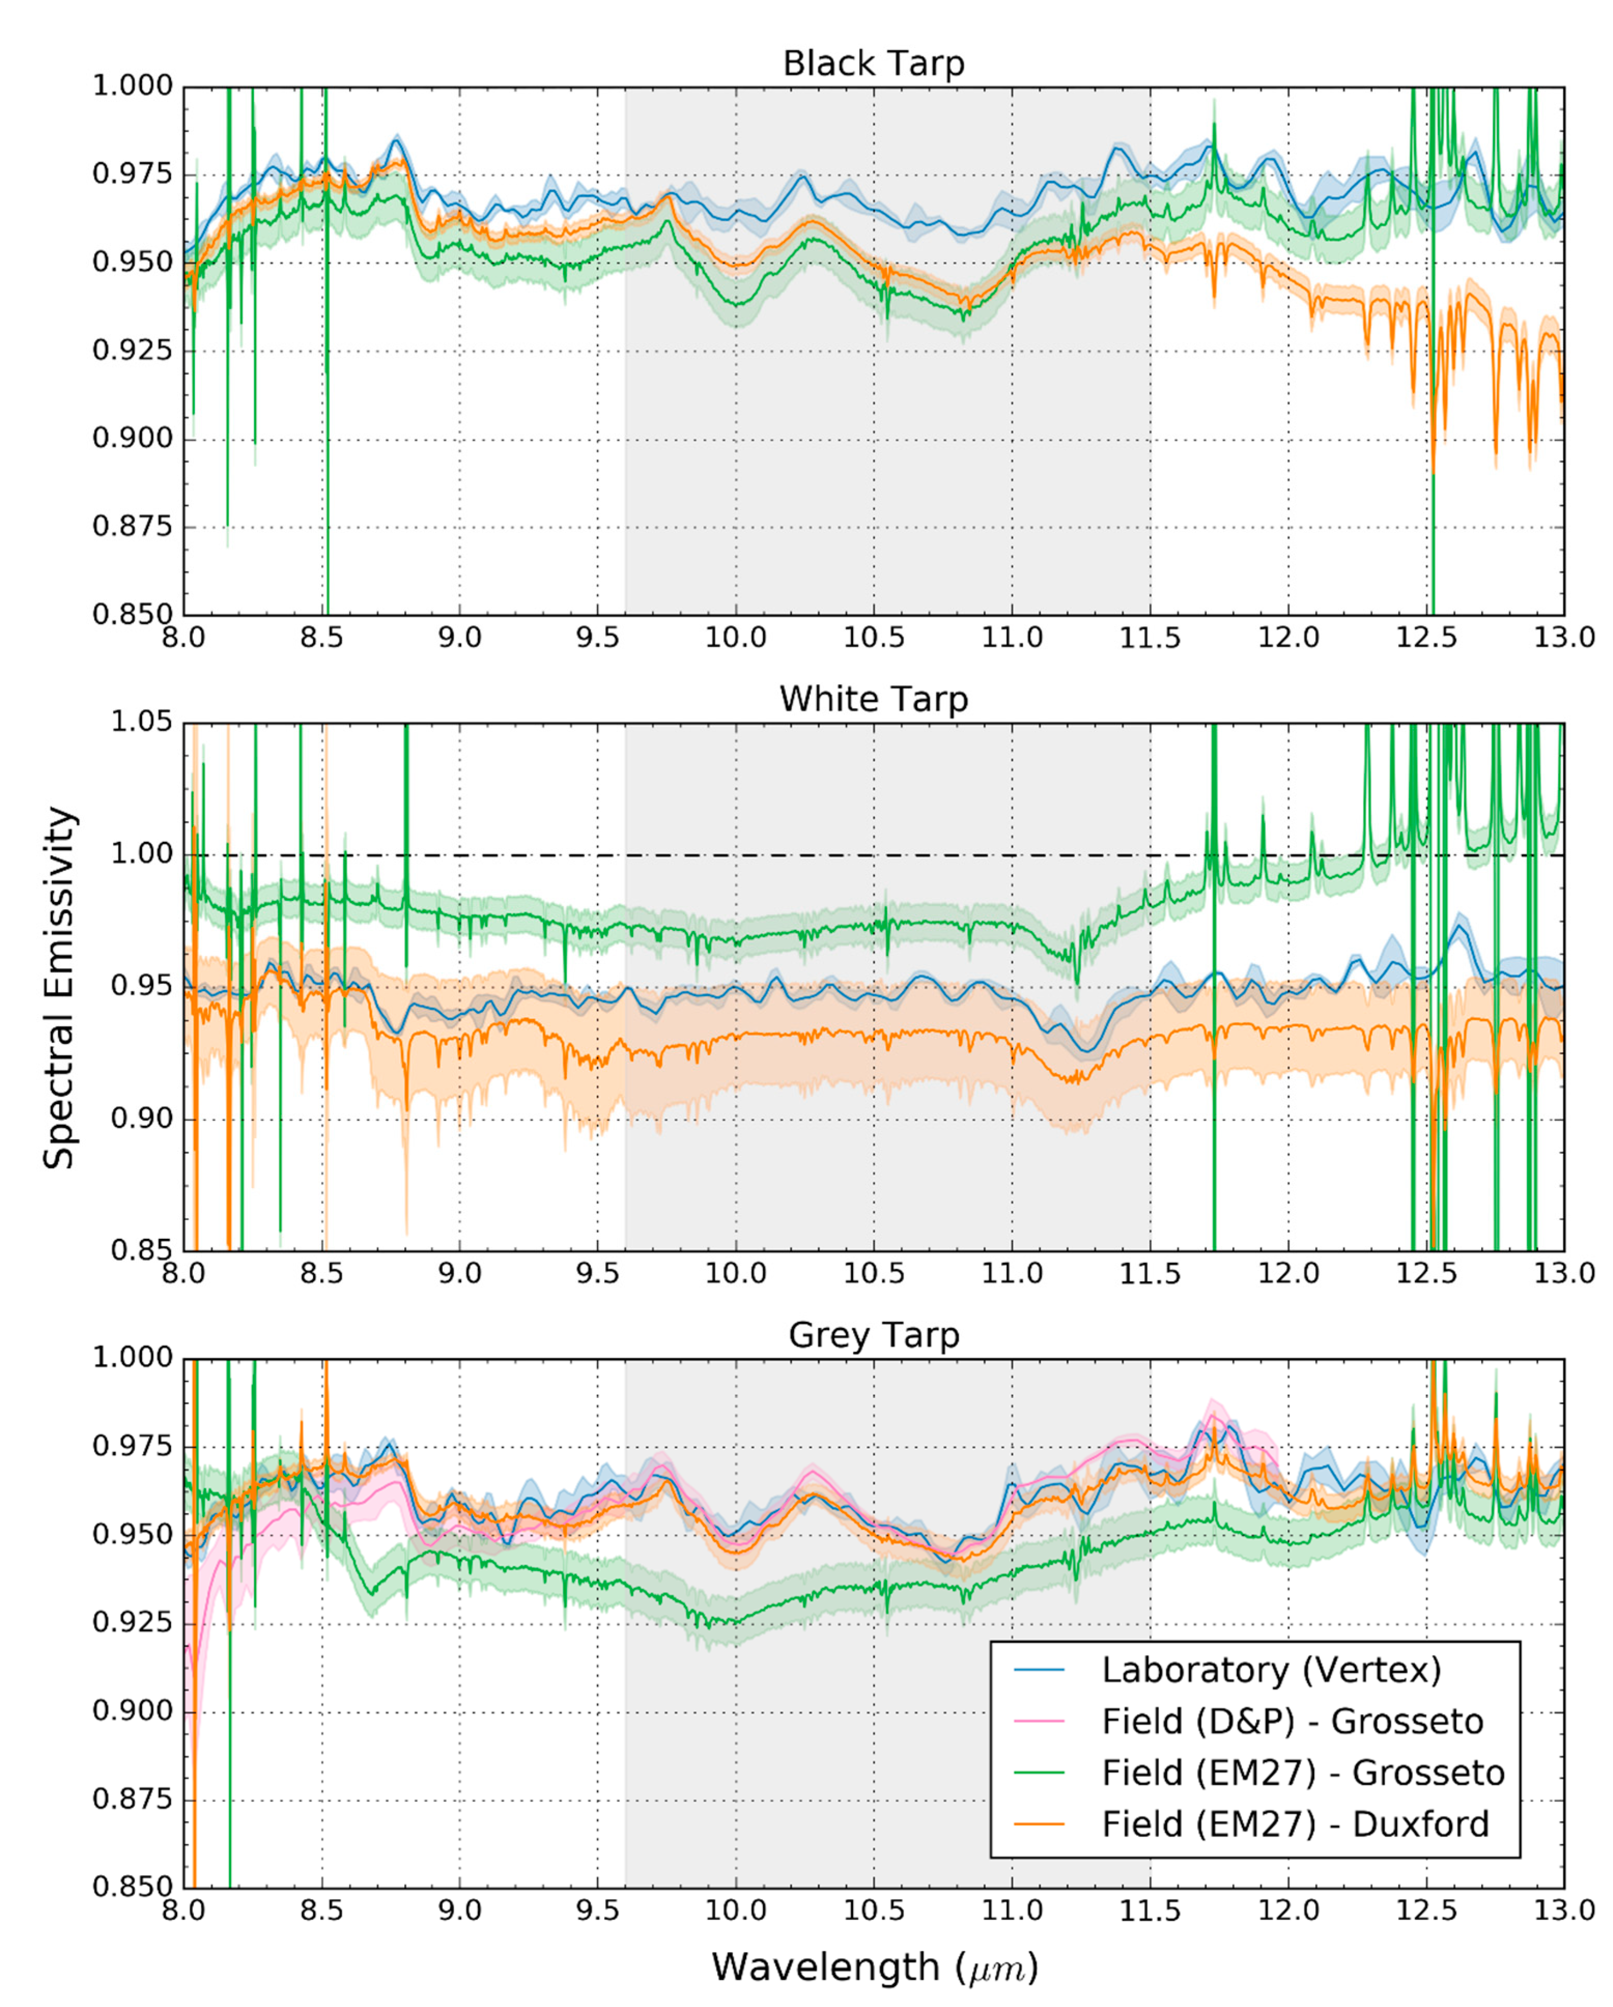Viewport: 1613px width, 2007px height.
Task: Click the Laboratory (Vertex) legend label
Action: tap(1271, 1670)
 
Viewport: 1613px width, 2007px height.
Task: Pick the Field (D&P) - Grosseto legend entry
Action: tap(1292, 1721)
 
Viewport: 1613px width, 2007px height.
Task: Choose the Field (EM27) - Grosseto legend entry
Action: tap(1302, 1772)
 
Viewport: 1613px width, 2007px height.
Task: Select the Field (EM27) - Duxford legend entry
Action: tap(1295, 1824)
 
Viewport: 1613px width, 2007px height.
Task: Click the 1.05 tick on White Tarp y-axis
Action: tap(141, 723)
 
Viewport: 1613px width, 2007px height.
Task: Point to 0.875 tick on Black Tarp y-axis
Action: tap(132, 527)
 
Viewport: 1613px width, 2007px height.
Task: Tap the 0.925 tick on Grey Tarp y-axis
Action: tap(132, 1622)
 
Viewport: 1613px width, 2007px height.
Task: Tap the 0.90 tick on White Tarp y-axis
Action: tap(141, 1119)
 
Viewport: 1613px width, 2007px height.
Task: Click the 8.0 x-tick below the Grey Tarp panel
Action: tap(183, 1910)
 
